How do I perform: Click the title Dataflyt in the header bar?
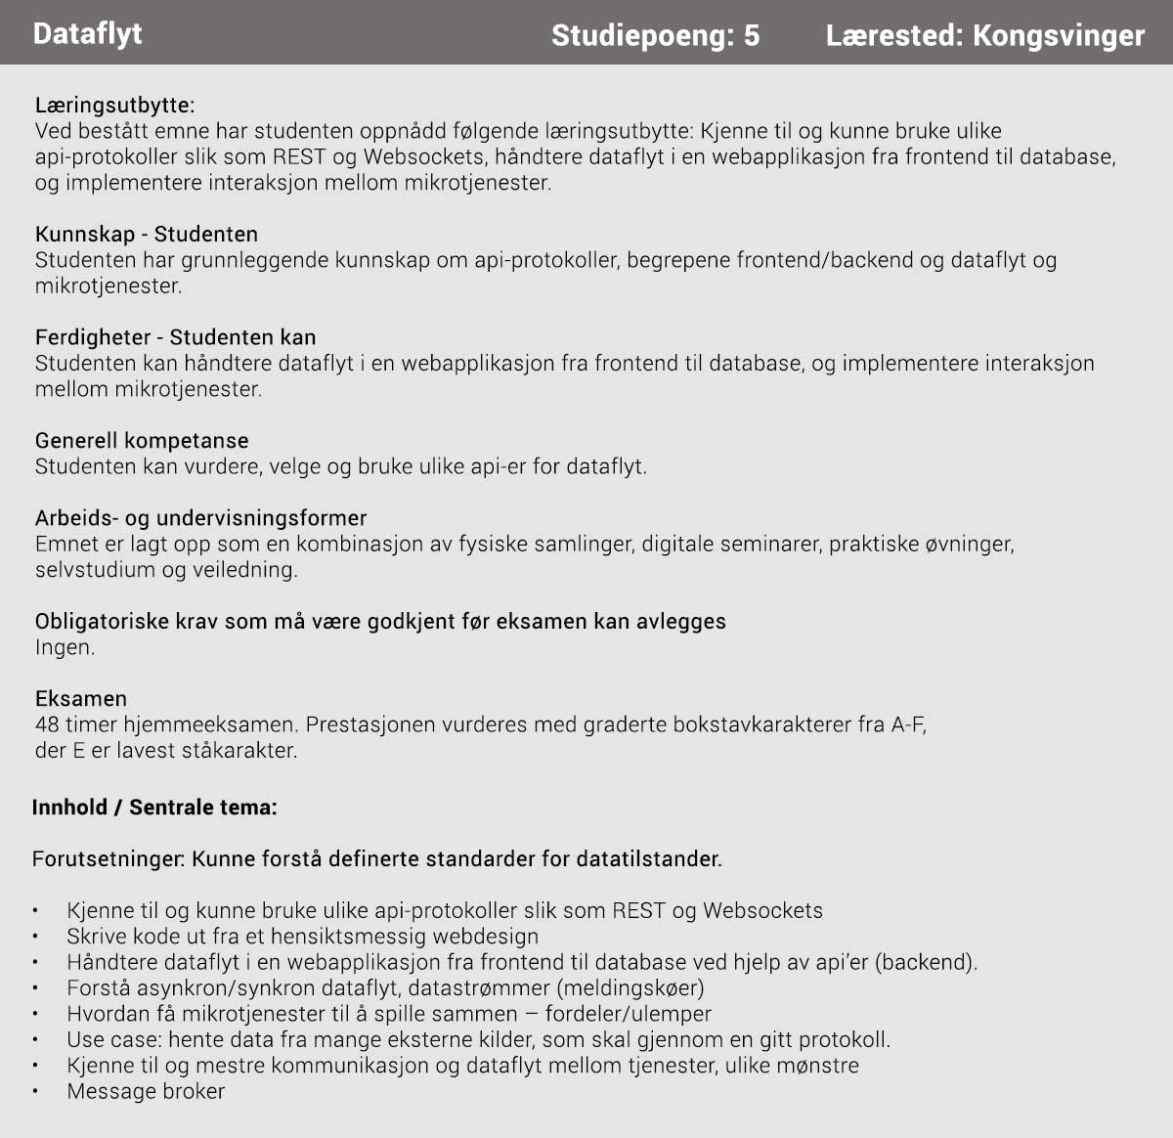(x=87, y=33)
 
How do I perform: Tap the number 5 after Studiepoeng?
(x=751, y=36)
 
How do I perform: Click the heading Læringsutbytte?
(x=114, y=105)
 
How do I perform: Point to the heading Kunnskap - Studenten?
(x=147, y=234)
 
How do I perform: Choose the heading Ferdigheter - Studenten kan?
(x=175, y=337)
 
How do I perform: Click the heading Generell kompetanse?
(x=142, y=440)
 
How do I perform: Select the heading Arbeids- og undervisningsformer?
(x=200, y=517)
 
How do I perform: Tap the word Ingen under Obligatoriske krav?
(x=65, y=647)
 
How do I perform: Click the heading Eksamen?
(x=81, y=698)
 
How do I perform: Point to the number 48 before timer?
(x=47, y=724)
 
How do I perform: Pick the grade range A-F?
(x=908, y=724)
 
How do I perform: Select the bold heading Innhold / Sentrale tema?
(x=154, y=808)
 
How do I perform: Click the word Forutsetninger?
(x=108, y=859)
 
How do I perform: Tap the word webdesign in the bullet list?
(x=485, y=937)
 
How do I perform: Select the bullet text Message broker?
(x=146, y=1091)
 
